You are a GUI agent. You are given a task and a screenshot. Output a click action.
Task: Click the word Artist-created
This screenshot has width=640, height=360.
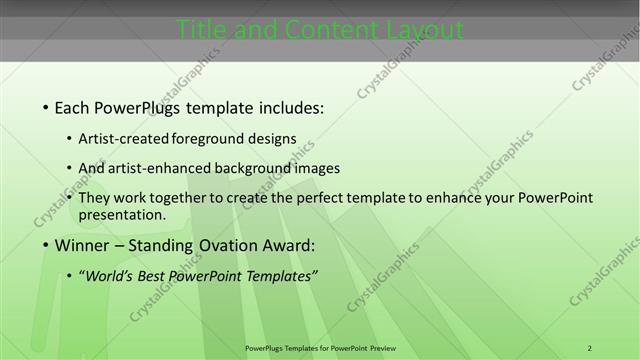pos(123,139)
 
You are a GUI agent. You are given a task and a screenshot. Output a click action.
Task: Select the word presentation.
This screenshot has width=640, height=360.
pos(121,214)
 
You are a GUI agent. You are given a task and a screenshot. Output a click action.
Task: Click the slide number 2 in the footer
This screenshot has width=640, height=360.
pos(590,347)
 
